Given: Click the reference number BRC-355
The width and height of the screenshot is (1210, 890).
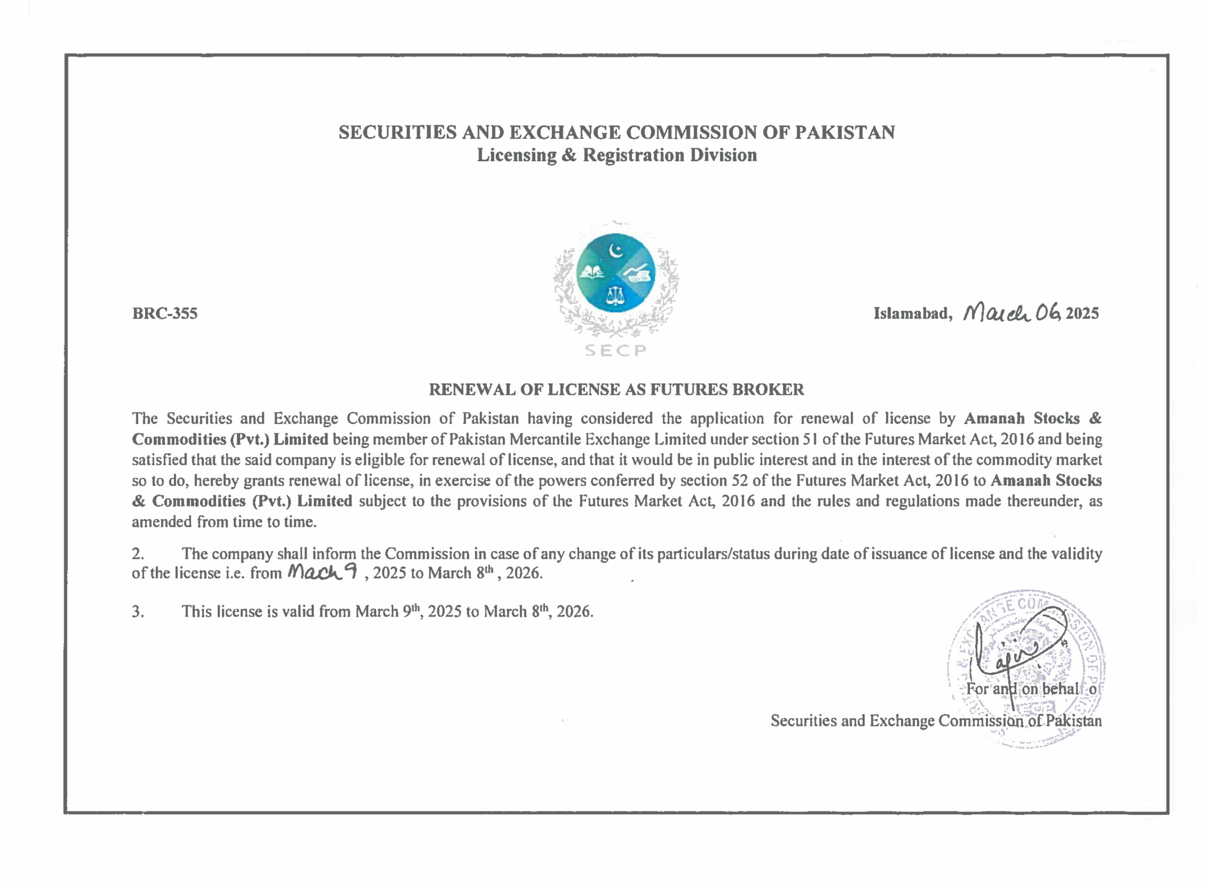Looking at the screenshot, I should (165, 314).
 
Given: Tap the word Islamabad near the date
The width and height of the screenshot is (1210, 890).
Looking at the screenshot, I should (911, 314).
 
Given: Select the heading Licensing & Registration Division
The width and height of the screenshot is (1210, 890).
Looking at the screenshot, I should (616, 155).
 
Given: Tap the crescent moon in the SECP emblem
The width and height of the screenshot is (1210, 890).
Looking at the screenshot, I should (615, 251).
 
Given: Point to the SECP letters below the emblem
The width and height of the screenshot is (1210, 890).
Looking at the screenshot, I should (615, 351).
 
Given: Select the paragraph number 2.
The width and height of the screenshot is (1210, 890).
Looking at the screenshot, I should (138, 554).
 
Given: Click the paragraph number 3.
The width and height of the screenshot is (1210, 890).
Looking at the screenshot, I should (138, 611).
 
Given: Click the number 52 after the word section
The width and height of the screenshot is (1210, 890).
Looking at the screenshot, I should (741, 480).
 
